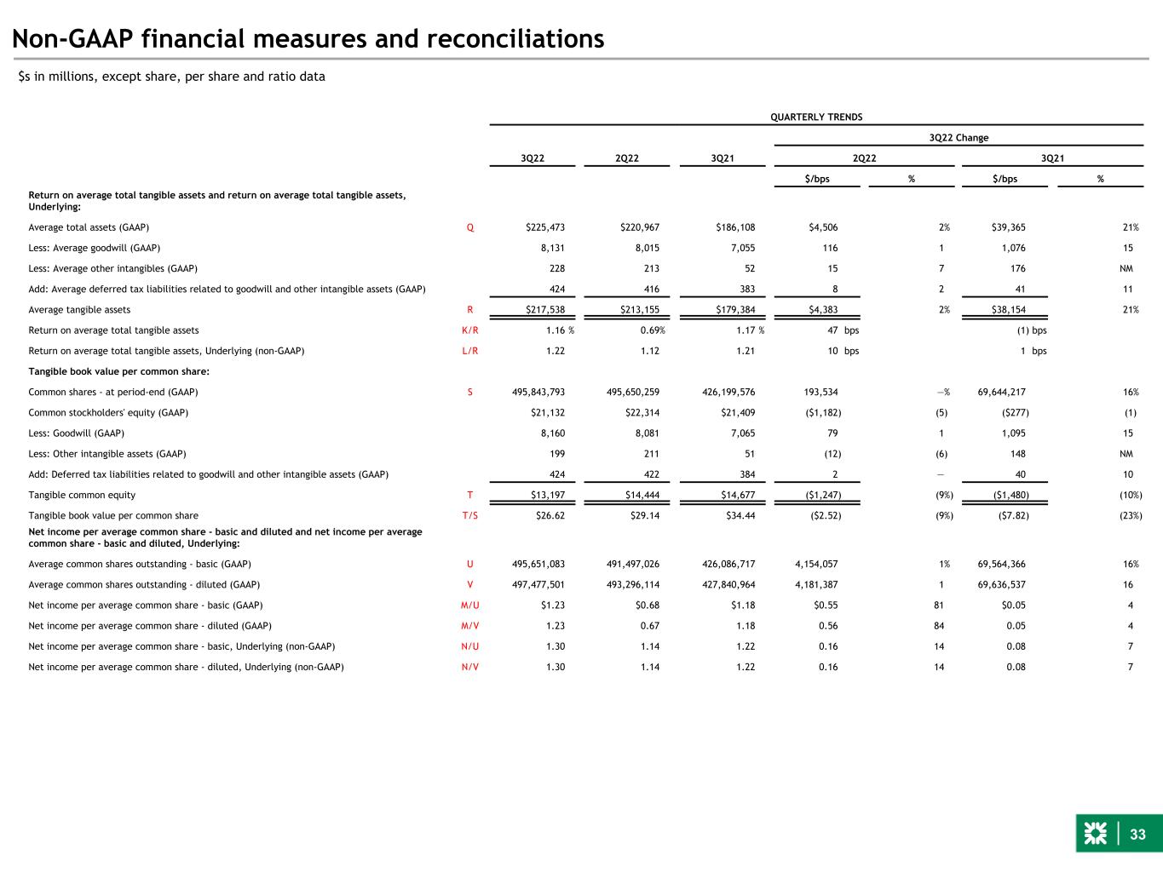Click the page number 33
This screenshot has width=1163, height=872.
click(1138, 835)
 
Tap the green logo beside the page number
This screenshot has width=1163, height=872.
click(1095, 835)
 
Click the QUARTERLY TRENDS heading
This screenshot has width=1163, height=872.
click(816, 118)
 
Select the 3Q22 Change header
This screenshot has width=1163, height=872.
click(959, 138)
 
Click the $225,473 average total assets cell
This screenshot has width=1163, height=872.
click(545, 227)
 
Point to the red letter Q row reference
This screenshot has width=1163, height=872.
click(470, 227)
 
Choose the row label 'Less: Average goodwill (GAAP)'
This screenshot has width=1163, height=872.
click(95, 248)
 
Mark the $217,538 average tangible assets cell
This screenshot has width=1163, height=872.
click(545, 310)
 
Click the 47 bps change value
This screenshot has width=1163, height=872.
click(832, 330)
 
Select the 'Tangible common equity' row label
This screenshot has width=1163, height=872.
click(82, 495)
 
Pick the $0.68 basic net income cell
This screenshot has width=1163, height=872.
click(643, 605)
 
